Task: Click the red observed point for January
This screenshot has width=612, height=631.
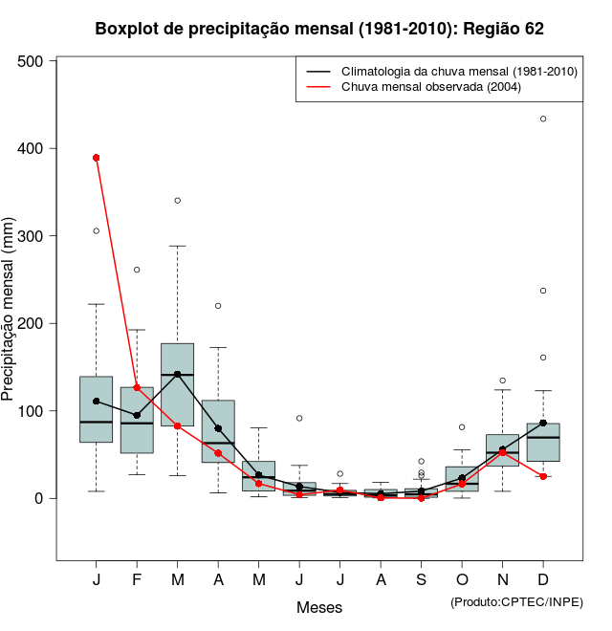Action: (x=97, y=158)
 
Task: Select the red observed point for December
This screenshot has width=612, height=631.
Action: (x=543, y=476)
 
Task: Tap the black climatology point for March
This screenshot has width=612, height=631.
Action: (x=178, y=374)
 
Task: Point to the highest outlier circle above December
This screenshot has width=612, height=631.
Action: (x=543, y=119)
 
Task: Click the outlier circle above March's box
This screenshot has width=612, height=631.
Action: (x=178, y=201)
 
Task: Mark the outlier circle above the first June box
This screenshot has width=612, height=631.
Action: (x=299, y=418)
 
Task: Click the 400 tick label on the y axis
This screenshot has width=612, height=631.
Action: (x=36, y=148)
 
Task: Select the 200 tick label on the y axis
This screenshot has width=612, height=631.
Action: (x=36, y=323)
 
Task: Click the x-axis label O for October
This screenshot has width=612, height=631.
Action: (x=462, y=581)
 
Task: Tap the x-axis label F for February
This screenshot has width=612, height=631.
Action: (x=137, y=581)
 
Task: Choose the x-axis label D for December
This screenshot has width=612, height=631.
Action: (x=543, y=581)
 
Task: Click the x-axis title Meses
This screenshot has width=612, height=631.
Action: (x=319, y=607)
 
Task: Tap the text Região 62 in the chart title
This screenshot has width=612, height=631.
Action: (x=503, y=29)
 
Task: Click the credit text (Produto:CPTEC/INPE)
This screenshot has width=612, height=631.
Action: (x=516, y=601)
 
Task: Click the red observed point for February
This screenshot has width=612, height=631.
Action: (x=137, y=387)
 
